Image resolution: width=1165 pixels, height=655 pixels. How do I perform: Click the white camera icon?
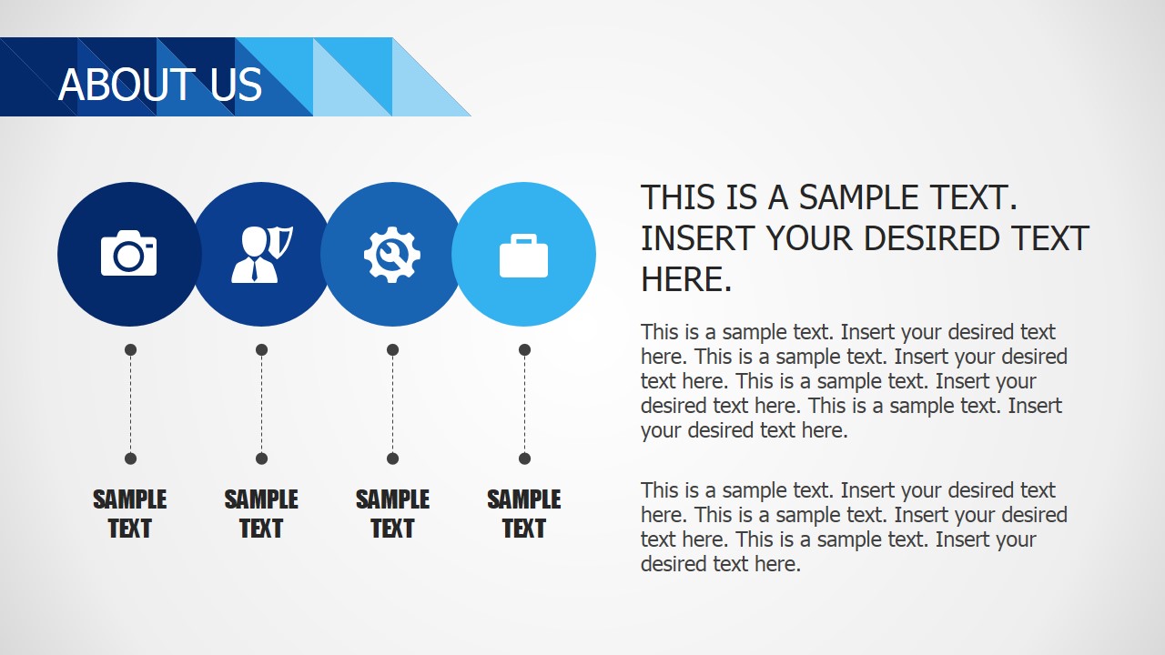128,253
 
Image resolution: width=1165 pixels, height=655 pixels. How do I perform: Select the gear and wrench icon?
392,254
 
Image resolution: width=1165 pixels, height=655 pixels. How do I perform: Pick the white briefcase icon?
523,256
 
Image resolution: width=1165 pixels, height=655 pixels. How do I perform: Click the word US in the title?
236,85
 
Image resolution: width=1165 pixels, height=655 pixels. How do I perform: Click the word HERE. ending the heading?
686,279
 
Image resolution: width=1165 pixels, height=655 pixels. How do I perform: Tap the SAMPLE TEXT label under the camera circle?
130,514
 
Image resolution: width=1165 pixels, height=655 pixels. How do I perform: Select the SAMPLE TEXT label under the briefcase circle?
524,514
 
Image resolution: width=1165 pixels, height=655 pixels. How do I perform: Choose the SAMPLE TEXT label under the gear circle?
392,514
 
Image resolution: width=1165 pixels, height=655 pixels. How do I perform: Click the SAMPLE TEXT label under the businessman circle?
261,514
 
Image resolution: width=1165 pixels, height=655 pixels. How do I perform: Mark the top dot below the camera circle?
130,349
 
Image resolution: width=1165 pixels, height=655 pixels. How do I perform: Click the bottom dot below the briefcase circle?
524,458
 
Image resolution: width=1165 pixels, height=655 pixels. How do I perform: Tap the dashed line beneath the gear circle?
392,404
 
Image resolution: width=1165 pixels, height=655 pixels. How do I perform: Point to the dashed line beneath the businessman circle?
261,404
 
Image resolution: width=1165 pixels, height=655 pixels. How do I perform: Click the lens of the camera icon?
127,257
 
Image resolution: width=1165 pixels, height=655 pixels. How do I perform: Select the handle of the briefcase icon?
523,239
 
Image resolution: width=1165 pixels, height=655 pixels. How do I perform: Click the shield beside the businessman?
284,241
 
